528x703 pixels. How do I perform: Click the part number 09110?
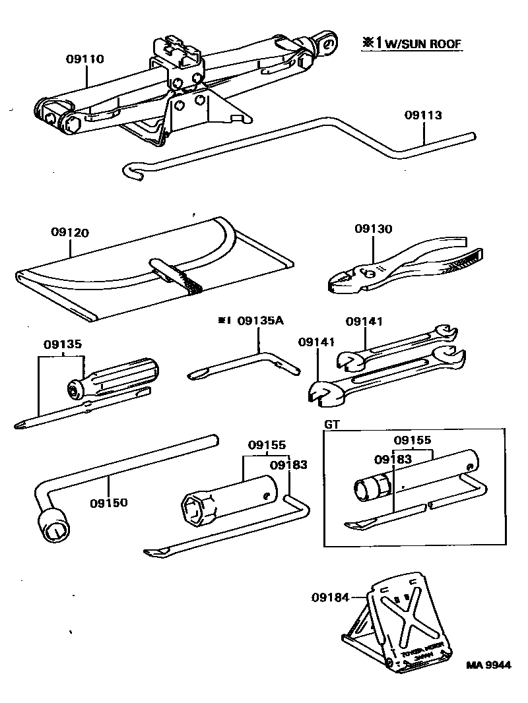(84, 59)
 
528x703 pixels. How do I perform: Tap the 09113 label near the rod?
(423, 115)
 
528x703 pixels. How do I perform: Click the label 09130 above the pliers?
(373, 229)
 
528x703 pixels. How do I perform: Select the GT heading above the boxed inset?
(332, 425)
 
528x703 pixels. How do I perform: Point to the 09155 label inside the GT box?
(412, 440)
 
